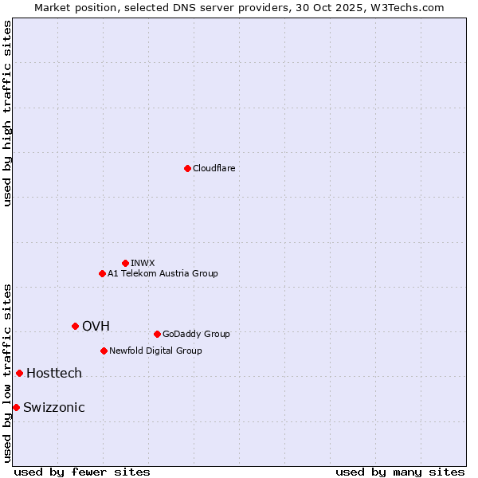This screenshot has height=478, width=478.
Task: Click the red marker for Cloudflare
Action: tap(187, 168)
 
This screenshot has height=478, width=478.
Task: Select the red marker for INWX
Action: tap(125, 263)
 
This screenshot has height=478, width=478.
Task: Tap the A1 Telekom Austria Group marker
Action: tap(102, 273)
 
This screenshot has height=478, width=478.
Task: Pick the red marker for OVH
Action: tap(75, 326)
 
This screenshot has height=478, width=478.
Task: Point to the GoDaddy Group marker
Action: tap(157, 334)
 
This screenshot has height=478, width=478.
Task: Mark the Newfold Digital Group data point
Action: tap(104, 351)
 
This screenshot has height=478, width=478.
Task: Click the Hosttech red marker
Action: tap(19, 373)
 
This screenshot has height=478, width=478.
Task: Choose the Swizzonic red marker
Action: tap(16, 407)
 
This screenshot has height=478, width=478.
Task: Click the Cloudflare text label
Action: tap(214, 168)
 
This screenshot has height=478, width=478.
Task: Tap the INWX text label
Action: tap(143, 263)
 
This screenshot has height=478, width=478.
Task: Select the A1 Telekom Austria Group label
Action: tap(163, 273)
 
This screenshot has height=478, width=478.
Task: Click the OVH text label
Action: tap(96, 326)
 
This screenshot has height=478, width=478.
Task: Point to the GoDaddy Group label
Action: tap(196, 334)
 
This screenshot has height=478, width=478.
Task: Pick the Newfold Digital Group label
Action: tap(155, 351)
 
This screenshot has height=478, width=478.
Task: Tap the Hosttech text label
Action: tap(54, 373)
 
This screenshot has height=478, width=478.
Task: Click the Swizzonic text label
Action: tap(54, 407)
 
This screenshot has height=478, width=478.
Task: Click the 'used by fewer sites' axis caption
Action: tap(82, 472)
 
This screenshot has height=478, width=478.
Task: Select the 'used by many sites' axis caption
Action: tap(400, 472)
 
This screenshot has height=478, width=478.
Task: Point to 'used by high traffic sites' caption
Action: tap(8, 113)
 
